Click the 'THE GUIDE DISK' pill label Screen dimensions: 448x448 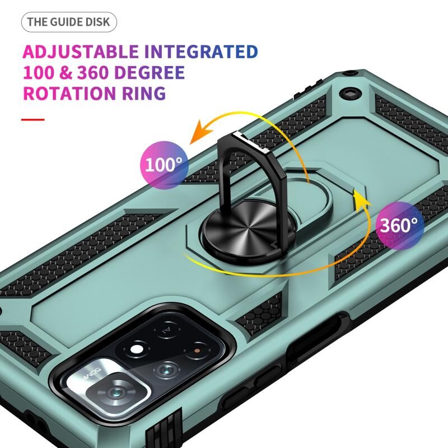pos(69,22)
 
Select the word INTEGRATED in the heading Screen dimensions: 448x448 pos(201,52)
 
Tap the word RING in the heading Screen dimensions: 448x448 pos(144,93)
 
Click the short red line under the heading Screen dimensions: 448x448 pos(33,119)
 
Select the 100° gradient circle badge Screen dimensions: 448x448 pos(164,165)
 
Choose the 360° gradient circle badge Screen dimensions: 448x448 pos(399,226)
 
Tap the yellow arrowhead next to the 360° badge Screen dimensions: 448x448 pos(361,197)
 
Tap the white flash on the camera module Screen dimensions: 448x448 pos(137,349)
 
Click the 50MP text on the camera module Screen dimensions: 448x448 pos(91,374)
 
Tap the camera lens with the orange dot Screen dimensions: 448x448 pos(197,351)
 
